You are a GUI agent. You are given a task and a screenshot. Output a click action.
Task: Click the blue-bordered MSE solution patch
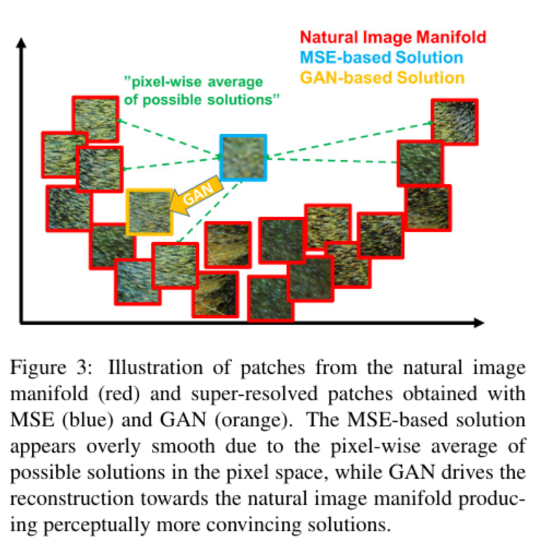pyautogui.click(x=244, y=157)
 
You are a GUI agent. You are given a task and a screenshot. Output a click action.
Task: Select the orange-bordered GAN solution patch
pyautogui.click(x=149, y=212)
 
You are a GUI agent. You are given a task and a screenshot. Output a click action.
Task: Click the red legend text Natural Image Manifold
pyautogui.click(x=383, y=37)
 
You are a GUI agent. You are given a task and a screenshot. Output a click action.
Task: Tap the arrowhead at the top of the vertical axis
pyautogui.click(x=22, y=42)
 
